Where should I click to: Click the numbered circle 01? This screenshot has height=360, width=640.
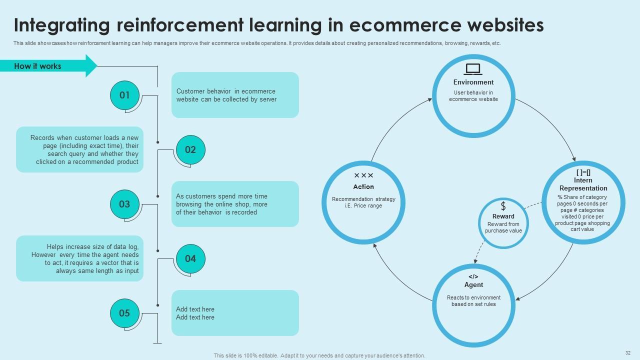(124, 95)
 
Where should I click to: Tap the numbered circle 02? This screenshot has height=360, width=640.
(190, 149)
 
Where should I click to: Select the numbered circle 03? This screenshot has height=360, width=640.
(124, 204)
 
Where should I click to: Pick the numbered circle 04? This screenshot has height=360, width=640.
(190, 258)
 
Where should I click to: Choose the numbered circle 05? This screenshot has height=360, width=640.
(124, 313)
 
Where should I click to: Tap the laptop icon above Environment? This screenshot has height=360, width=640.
(473, 69)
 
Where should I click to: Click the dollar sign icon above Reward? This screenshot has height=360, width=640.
(503, 206)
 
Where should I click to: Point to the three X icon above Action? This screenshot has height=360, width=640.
(363, 175)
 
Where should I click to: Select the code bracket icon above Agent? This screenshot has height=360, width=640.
(473, 276)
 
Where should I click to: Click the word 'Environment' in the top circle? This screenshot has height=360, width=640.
(473, 82)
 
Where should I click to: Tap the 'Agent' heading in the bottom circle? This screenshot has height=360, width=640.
(473, 285)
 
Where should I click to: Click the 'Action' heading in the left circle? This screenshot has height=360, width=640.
(363, 187)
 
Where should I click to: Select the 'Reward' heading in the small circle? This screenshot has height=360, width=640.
(503, 216)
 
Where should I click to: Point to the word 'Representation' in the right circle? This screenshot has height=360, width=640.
(583, 188)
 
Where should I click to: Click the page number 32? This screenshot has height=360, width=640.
(628, 352)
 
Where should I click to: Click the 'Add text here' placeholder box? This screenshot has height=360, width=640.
(235, 313)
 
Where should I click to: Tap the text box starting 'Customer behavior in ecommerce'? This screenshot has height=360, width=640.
(235, 95)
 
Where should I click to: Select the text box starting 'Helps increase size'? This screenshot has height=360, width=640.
(79, 258)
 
